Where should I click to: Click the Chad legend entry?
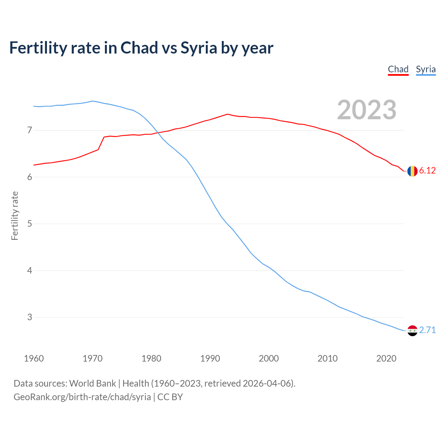[x=398, y=69]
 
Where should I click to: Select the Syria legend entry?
[x=426, y=69]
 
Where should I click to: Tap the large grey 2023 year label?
[x=366, y=110]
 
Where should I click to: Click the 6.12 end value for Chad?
[x=427, y=170]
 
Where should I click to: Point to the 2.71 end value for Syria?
[x=427, y=330]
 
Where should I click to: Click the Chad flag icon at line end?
[x=412, y=171]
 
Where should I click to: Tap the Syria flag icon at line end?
[x=412, y=331]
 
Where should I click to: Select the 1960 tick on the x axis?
[x=34, y=358]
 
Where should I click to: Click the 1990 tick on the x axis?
[x=210, y=358]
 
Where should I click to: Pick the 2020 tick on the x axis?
[x=386, y=358]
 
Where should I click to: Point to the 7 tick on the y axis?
[x=30, y=130]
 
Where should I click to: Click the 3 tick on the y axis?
[x=30, y=317]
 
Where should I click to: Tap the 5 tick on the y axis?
[x=30, y=224]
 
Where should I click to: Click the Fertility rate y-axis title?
[x=15, y=216]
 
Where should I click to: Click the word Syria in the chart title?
[x=199, y=48]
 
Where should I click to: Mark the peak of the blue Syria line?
[x=92, y=101]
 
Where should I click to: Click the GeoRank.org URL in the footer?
[x=82, y=397]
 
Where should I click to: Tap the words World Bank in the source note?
[x=92, y=383]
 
